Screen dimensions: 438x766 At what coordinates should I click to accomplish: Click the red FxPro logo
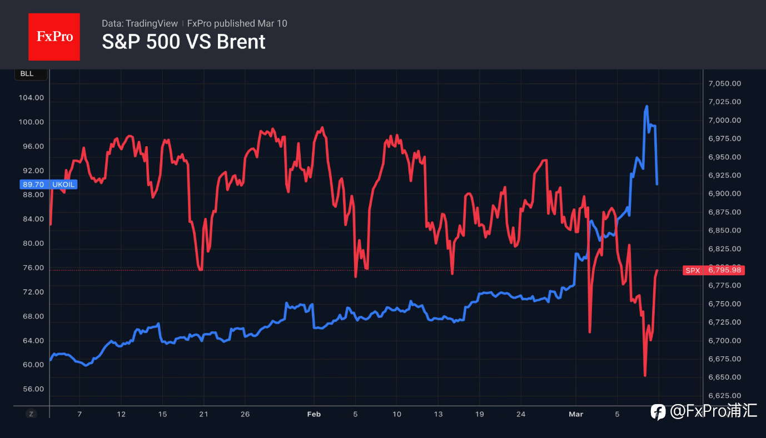54,37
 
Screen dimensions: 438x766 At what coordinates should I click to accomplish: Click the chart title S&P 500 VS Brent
183,42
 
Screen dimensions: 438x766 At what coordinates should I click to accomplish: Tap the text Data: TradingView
140,23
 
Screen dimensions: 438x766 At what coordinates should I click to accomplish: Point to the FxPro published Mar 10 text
237,23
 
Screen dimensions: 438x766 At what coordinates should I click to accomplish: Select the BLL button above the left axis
27,74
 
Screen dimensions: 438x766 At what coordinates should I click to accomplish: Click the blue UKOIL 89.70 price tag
48,184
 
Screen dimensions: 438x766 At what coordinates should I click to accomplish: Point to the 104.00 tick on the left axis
31,98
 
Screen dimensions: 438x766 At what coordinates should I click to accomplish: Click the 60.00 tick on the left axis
31,365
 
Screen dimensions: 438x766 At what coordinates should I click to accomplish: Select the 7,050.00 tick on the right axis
724,83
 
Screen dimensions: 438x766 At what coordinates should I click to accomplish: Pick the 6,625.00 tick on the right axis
724,396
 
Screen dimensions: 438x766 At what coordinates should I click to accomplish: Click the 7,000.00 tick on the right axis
724,120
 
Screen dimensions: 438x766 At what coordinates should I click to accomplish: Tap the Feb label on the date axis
314,414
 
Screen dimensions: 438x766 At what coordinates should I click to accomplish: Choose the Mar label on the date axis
575,414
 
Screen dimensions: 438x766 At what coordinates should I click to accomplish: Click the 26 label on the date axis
245,414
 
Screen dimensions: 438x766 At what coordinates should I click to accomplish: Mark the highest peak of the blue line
646,106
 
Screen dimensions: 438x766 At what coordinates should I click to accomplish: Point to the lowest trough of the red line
645,375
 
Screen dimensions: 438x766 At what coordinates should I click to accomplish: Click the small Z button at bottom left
31,414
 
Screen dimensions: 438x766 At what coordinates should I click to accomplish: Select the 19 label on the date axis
480,414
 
